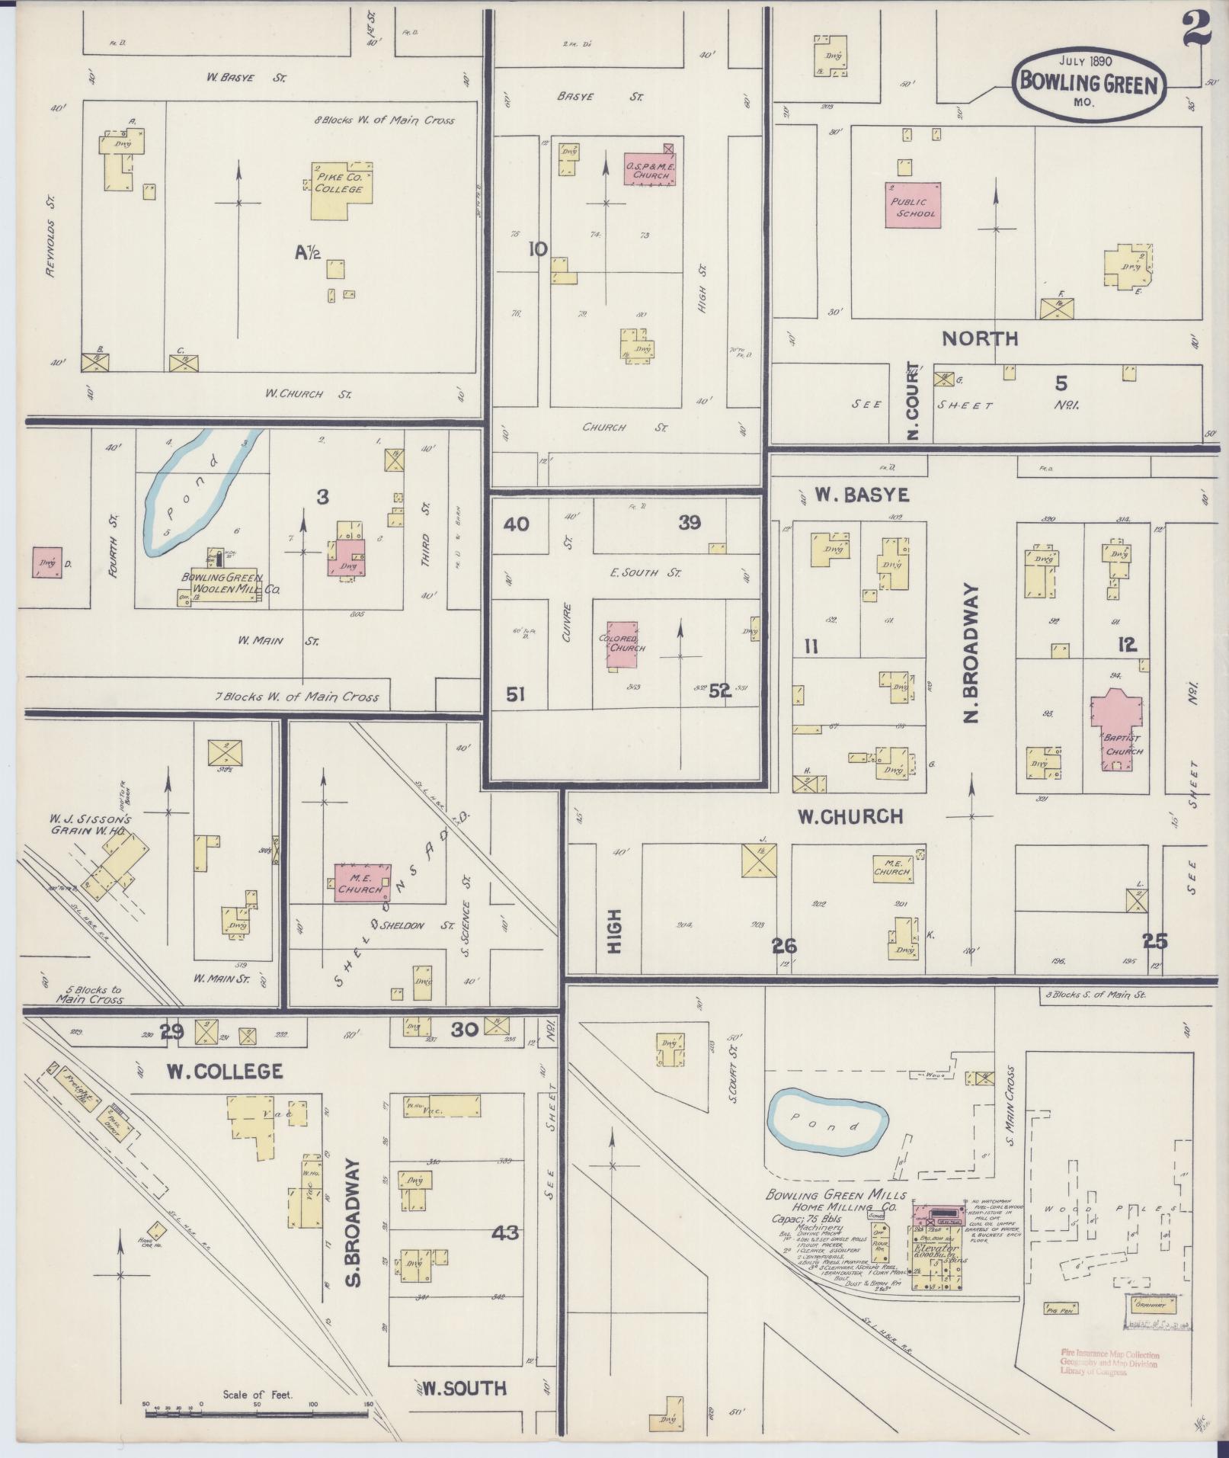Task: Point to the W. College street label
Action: (225, 1071)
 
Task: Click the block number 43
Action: (504, 1232)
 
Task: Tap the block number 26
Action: (784, 946)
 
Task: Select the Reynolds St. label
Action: (53, 237)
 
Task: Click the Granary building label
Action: (1149, 1304)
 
